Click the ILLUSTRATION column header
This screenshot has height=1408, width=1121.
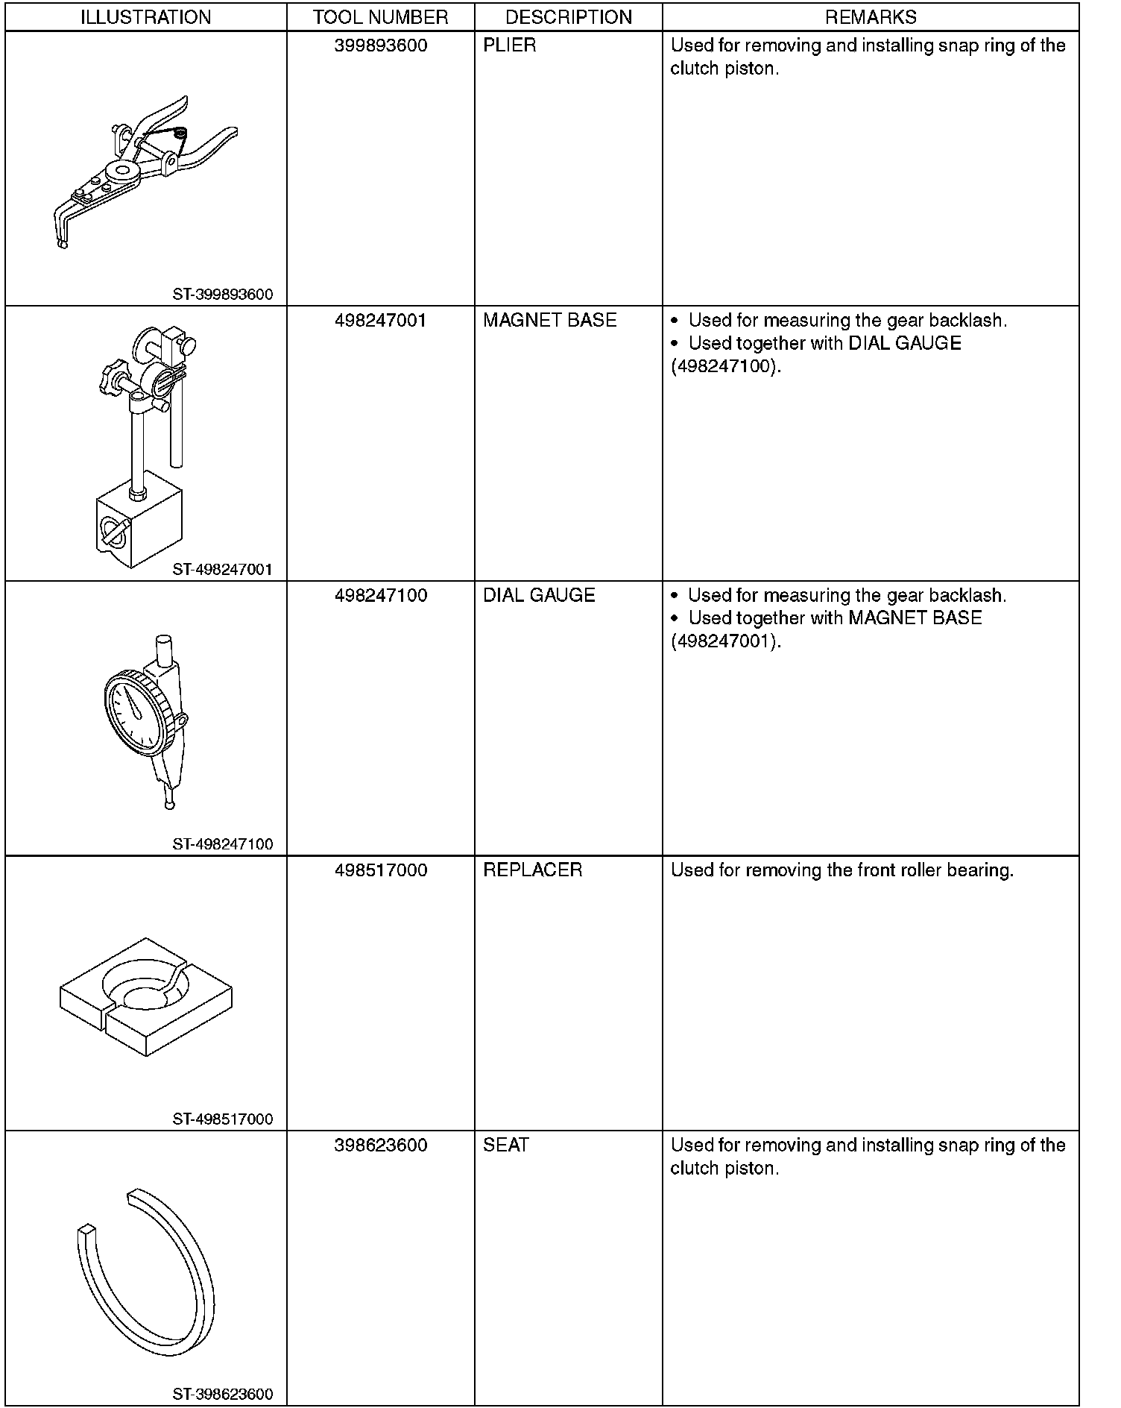click(x=145, y=17)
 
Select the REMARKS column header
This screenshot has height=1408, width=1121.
click(x=871, y=17)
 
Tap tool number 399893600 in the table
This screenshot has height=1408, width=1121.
click(x=381, y=45)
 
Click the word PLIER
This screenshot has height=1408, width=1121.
click(x=510, y=45)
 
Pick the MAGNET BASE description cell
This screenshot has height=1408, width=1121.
click(x=550, y=321)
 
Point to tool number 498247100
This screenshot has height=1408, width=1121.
click(x=381, y=596)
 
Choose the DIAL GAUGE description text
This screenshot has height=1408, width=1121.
click(x=539, y=596)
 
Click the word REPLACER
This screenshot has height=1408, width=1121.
click(x=533, y=870)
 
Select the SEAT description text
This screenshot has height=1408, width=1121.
click(x=506, y=1145)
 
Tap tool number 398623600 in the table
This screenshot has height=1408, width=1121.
click(x=381, y=1145)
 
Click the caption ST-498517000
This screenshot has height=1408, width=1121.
click(x=223, y=1119)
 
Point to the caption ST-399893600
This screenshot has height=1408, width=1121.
click(x=223, y=295)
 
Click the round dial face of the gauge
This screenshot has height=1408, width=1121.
click(x=135, y=710)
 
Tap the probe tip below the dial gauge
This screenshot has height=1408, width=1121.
click(x=170, y=804)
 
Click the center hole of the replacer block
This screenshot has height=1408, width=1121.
click(x=145, y=997)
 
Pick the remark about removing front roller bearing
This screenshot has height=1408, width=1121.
click(x=842, y=870)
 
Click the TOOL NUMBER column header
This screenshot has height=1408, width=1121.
click(x=381, y=17)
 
